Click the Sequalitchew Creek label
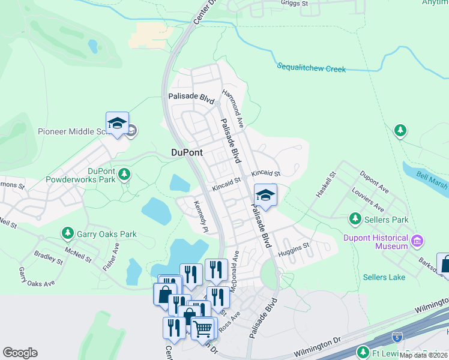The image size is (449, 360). [311, 68]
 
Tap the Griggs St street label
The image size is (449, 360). [294, 3]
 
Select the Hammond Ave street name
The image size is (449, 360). [232, 103]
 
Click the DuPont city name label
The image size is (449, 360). [187, 153]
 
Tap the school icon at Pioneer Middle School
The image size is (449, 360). [117, 123]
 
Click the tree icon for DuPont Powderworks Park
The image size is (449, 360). [124, 175]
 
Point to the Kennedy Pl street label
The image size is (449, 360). [200, 217]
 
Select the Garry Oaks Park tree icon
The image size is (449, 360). [68, 233]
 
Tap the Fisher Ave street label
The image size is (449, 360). [111, 257]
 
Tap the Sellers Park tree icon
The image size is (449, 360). [356, 218]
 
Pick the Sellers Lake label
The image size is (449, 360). [384, 277]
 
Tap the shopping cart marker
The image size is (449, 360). [203, 328]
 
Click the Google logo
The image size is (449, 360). [20, 353]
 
